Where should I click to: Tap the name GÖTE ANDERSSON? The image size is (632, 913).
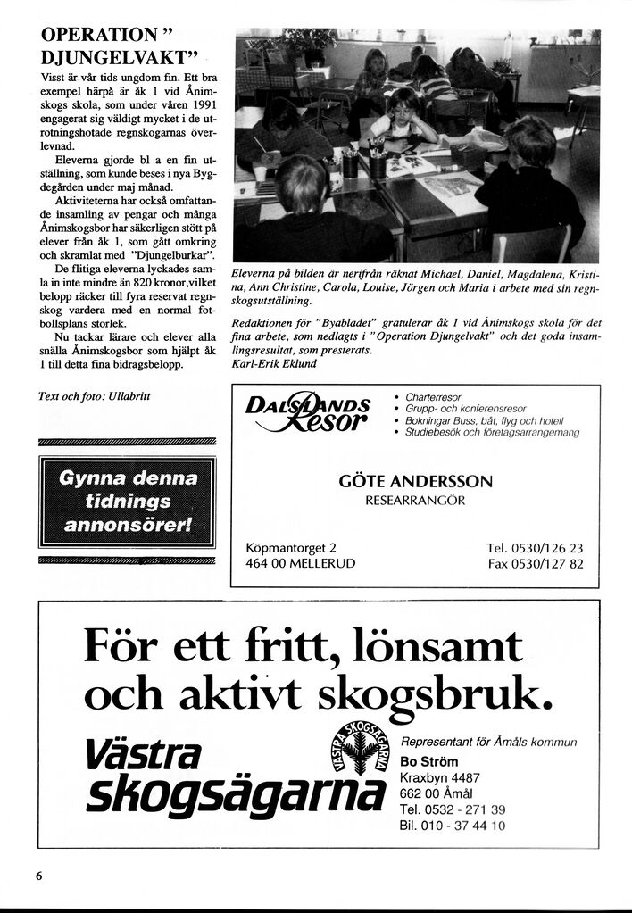(415, 481)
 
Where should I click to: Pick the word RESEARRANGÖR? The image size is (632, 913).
(415, 501)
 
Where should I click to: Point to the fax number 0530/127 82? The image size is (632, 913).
(548, 564)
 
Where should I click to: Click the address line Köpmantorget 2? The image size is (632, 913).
(291, 548)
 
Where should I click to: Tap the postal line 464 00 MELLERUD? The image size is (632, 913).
(300, 564)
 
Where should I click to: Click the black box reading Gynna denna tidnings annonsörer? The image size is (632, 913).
(128, 501)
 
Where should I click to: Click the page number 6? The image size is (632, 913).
(39, 876)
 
